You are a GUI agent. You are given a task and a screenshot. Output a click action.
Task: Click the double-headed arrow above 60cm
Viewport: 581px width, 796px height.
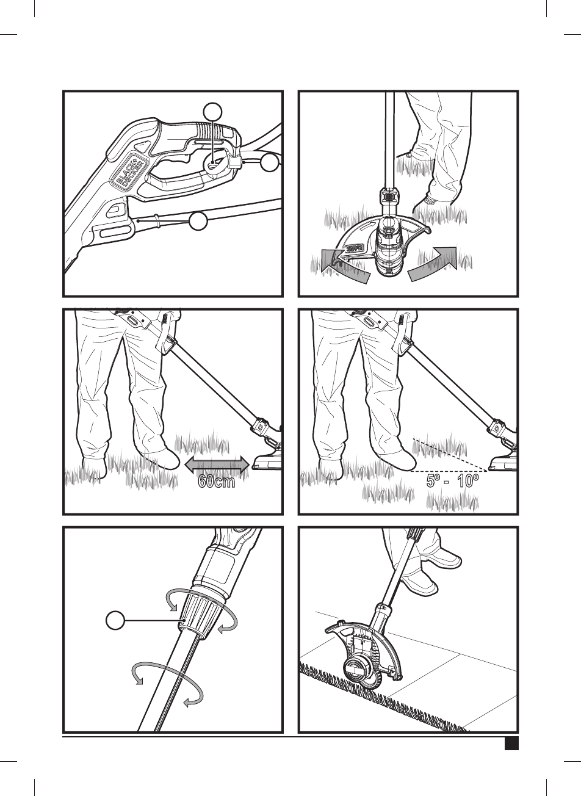pos(216,465)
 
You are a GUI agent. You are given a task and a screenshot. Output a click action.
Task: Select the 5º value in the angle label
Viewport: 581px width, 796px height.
pos(435,482)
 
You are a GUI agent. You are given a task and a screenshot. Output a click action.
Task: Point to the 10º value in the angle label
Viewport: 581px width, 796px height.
pos(468,482)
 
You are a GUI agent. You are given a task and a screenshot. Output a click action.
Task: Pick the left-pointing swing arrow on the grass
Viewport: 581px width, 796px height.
pos(342,267)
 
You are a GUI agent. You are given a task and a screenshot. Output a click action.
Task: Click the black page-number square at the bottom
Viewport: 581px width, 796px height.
pos(511,744)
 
